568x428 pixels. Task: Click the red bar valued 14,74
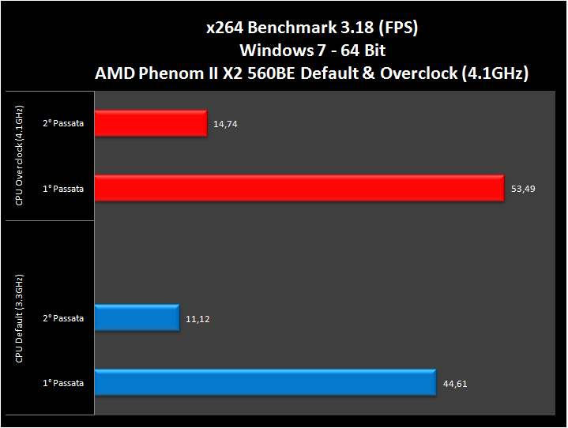tap(150, 123)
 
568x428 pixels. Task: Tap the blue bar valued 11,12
tap(137, 318)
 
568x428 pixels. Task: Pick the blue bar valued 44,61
tap(265, 383)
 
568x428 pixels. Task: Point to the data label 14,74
tap(224, 124)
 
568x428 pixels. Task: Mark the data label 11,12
tap(197, 319)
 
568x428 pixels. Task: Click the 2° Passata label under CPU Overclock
tap(63, 123)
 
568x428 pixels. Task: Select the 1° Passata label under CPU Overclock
tap(63, 188)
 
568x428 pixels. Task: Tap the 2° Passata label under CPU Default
tap(63, 318)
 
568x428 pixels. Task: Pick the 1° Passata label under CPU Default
tap(63, 383)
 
